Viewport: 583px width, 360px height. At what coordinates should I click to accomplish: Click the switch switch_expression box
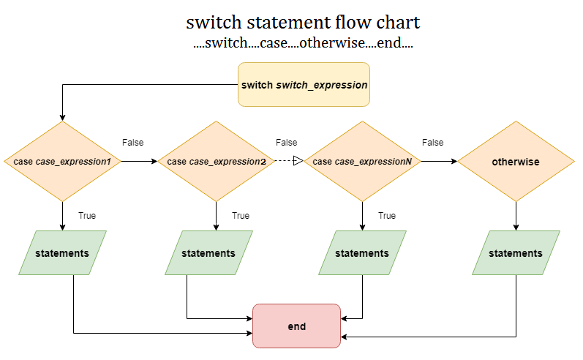pyautogui.click(x=304, y=84)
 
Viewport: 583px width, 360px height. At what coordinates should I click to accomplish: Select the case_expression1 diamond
pyautogui.click(x=63, y=161)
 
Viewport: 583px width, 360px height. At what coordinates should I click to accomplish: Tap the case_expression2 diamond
pyautogui.click(x=217, y=161)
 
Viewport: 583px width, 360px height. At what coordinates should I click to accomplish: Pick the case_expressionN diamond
pyautogui.click(x=363, y=161)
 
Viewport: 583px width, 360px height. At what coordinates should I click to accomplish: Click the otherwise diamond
pyautogui.click(x=516, y=161)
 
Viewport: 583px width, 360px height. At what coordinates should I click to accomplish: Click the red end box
pyautogui.click(x=296, y=326)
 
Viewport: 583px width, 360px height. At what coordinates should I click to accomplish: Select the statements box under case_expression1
pyautogui.click(x=63, y=253)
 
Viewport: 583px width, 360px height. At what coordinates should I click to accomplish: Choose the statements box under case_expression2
pyautogui.click(x=208, y=253)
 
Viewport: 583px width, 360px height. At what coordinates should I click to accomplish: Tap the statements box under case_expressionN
pyautogui.click(x=362, y=253)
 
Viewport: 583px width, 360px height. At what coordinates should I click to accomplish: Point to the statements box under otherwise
pyautogui.click(x=516, y=253)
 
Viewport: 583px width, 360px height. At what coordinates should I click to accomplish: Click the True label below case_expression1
pyautogui.click(x=87, y=216)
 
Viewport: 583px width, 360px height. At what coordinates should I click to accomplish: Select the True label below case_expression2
pyautogui.click(x=241, y=216)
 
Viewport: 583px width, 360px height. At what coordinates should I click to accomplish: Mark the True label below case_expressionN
pyautogui.click(x=387, y=216)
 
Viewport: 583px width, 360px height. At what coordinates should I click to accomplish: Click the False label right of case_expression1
pyautogui.click(x=132, y=143)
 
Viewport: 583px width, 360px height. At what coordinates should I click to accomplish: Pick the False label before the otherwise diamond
pyautogui.click(x=432, y=143)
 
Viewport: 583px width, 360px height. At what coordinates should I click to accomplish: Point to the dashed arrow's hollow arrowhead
pyautogui.click(x=298, y=161)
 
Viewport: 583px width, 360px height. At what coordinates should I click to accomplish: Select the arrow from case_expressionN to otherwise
pyautogui.click(x=439, y=161)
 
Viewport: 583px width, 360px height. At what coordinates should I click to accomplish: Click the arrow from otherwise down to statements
pyautogui.click(x=516, y=216)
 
